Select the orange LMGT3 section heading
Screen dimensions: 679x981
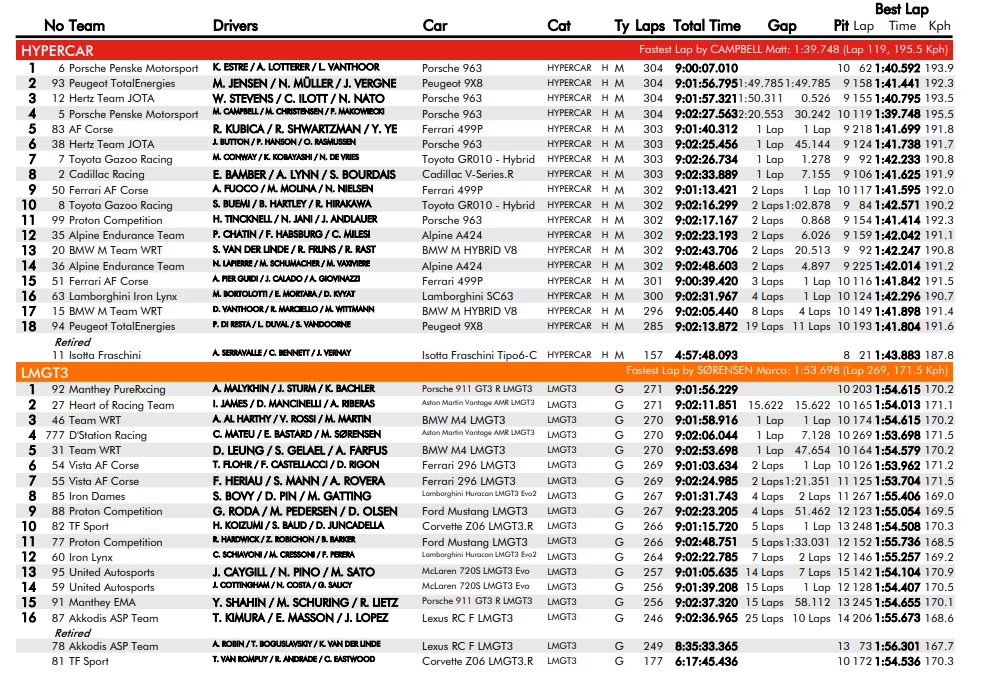point(42,372)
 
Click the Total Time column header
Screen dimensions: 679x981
point(707,26)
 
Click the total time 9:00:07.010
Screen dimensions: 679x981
point(706,68)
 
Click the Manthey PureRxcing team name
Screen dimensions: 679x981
point(123,389)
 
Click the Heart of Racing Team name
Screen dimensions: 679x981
point(121,405)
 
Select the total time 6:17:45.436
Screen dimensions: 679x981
point(706,662)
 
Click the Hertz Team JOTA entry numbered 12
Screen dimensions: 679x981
point(111,99)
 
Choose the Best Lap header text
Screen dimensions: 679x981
point(901,9)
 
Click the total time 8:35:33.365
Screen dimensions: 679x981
point(706,646)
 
